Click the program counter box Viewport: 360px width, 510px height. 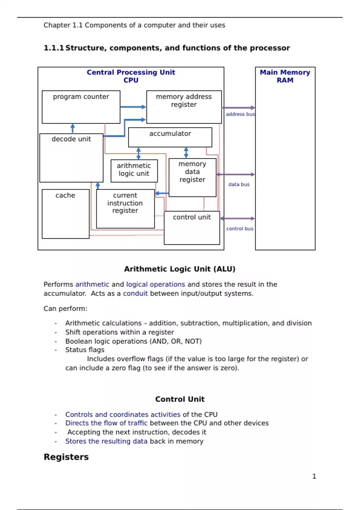point(81,107)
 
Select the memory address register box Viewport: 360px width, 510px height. point(184,107)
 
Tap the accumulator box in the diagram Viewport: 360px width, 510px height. point(170,137)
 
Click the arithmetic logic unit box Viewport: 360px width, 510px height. point(134,171)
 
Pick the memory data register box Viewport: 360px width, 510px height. point(192,177)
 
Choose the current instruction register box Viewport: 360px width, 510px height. point(125,208)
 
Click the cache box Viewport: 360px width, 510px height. point(66,214)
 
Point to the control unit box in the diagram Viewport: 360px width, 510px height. point(192,228)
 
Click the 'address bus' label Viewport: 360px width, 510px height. point(240,114)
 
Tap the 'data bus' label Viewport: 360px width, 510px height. point(239,184)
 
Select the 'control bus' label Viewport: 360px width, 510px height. point(240,229)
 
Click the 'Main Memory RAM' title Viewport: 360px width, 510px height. point(285,76)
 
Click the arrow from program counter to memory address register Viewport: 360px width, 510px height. point(133,107)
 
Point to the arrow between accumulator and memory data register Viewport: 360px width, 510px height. point(186,152)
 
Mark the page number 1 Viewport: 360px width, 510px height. point(314,476)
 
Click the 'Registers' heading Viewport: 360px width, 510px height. point(66,457)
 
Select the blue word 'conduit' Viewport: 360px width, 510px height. point(135,293)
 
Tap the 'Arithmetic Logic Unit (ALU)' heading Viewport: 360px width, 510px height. point(180,269)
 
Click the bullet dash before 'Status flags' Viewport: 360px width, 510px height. point(56,350)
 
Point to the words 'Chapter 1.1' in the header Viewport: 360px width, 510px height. point(63,25)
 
